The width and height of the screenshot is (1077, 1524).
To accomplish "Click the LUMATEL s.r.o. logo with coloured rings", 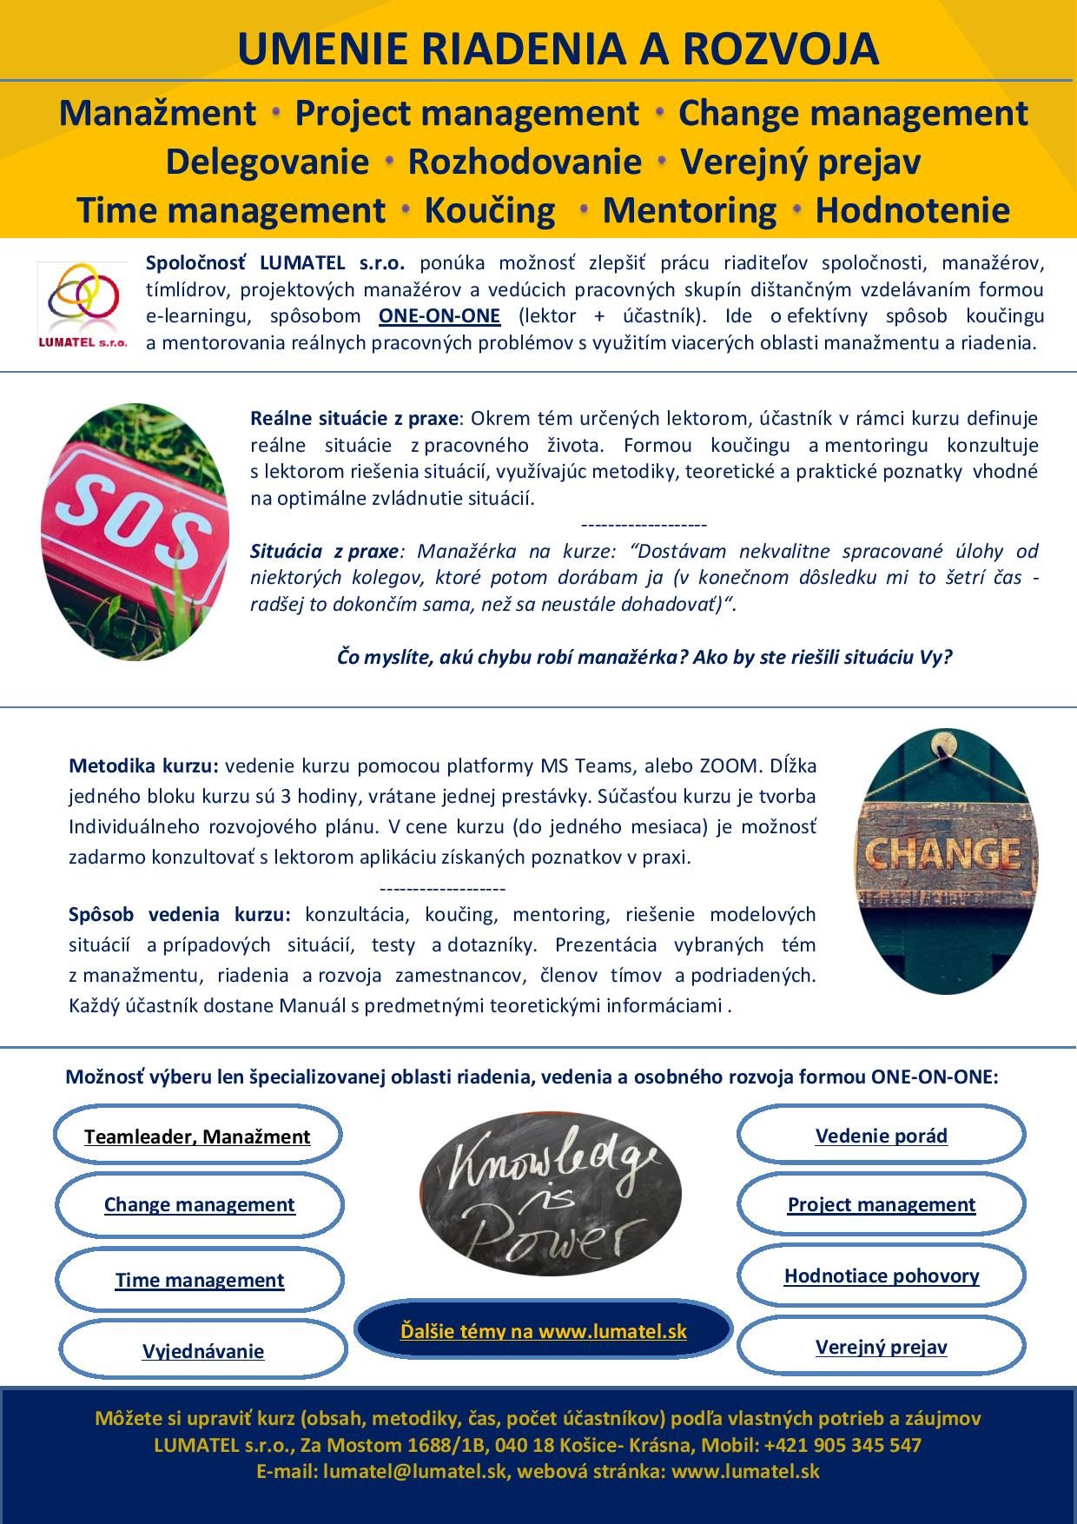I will point(83,303).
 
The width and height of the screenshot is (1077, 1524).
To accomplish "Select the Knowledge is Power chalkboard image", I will point(546,1196).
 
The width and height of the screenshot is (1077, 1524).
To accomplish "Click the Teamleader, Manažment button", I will point(197,1136).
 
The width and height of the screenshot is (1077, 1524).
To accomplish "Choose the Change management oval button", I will point(200,1204).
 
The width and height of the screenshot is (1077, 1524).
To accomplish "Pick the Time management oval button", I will point(200,1280).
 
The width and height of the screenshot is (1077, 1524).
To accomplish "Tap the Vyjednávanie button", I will point(203,1351).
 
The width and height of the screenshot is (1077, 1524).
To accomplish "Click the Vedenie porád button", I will point(881,1136).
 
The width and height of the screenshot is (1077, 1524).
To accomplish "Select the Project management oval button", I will point(881,1204).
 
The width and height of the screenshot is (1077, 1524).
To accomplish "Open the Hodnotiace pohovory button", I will point(881,1276).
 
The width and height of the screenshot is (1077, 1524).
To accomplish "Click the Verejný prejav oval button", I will point(881,1347).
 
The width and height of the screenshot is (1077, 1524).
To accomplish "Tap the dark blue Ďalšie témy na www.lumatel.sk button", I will point(544,1330).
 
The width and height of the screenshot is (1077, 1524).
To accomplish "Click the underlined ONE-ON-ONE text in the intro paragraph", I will point(439,315).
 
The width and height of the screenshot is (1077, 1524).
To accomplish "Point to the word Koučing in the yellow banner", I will point(490,210).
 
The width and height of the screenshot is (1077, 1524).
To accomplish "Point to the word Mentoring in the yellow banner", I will point(690,210).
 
